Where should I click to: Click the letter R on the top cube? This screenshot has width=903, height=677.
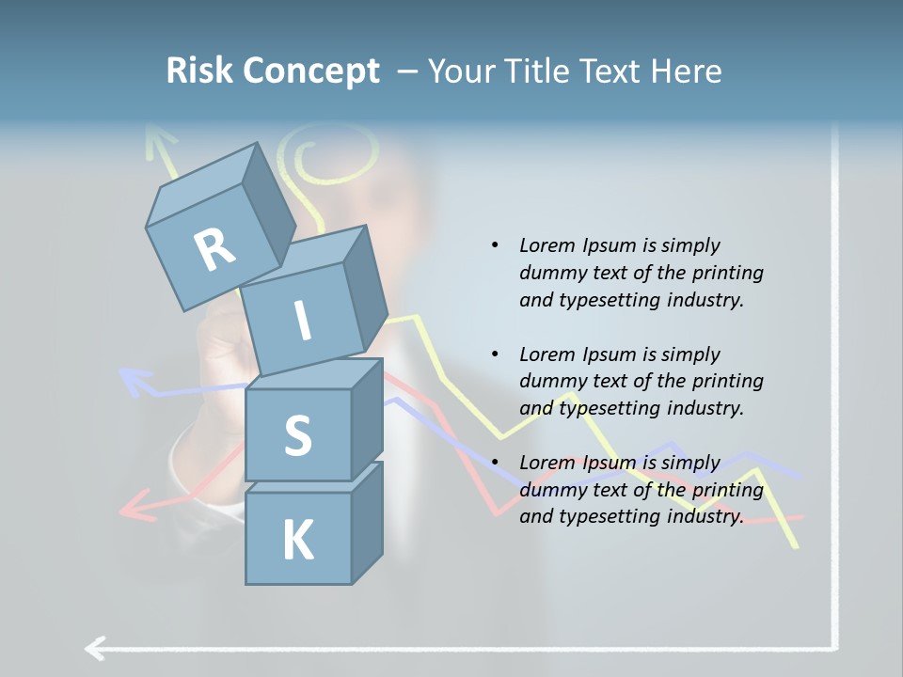(x=214, y=249)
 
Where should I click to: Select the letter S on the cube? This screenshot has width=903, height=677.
(x=297, y=436)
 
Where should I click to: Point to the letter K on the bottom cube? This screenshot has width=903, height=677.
(x=297, y=540)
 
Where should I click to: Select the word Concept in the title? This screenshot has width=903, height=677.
(x=310, y=72)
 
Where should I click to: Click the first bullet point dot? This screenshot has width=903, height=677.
(x=495, y=245)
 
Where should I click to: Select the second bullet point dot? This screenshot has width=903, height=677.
(x=495, y=354)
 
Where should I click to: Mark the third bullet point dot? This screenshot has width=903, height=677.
(x=495, y=463)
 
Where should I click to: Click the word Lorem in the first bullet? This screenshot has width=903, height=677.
(x=546, y=245)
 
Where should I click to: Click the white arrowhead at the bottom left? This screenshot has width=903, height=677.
(x=94, y=648)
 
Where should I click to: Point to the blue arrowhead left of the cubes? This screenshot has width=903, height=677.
(x=135, y=380)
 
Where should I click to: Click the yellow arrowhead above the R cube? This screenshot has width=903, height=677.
(x=160, y=142)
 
